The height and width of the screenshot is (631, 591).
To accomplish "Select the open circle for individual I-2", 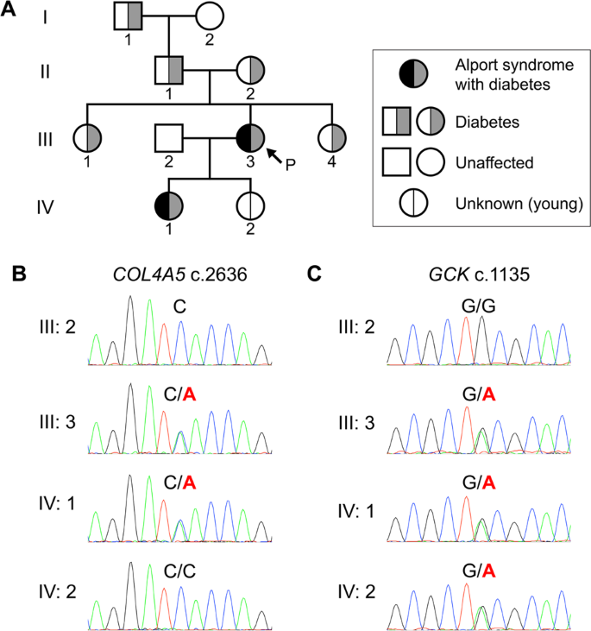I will (x=211, y=16).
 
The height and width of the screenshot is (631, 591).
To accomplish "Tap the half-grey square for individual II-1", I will (x=170, y=69).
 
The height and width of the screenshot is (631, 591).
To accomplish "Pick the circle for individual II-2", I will (x=251, y=69).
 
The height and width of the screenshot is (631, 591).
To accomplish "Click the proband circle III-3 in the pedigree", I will (x=251, y=137).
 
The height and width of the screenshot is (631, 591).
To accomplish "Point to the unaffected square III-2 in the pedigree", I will (x=170, y=137).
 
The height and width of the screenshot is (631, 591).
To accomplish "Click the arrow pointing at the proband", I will (x=277, y=155).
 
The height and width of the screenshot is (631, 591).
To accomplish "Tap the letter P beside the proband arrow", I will (x=292, y=165).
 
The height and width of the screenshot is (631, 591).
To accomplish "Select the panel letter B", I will (x=18, y=274).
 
